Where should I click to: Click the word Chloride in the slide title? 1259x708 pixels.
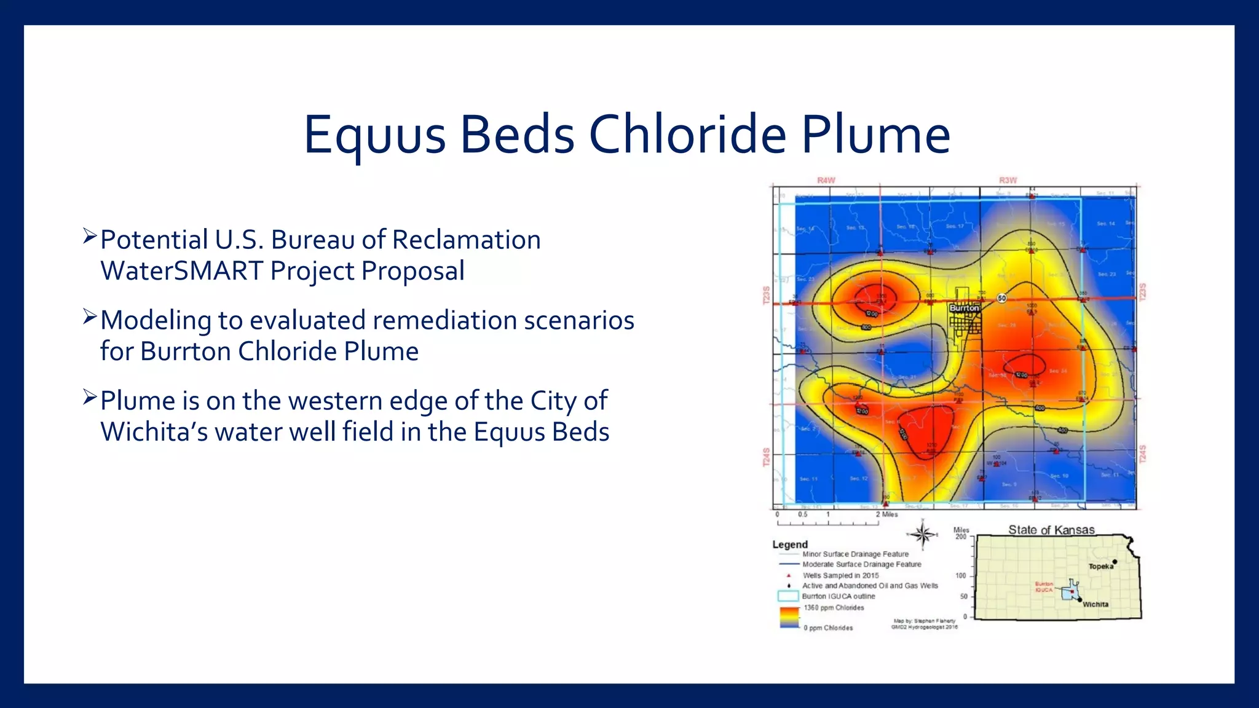687,135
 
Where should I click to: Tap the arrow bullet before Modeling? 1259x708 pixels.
90,318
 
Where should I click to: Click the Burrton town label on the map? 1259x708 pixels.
963,308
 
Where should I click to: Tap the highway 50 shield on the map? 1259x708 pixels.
1001,298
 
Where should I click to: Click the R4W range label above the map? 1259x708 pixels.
826,180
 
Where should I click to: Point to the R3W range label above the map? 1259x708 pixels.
1008,180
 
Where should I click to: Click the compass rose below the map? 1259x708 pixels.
922,534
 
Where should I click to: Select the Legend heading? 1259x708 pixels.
789,545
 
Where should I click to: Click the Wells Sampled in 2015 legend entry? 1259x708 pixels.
840,576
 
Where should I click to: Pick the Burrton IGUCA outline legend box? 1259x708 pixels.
787,596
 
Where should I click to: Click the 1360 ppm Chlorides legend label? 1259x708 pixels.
834,608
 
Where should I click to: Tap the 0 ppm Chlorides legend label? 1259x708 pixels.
828,628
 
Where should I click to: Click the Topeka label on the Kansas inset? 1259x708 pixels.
1100,567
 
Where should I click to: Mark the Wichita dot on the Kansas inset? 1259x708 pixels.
1080,599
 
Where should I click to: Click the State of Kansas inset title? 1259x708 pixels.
1051,530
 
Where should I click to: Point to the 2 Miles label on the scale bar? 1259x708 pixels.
886,514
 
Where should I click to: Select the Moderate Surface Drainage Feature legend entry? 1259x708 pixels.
861,564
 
